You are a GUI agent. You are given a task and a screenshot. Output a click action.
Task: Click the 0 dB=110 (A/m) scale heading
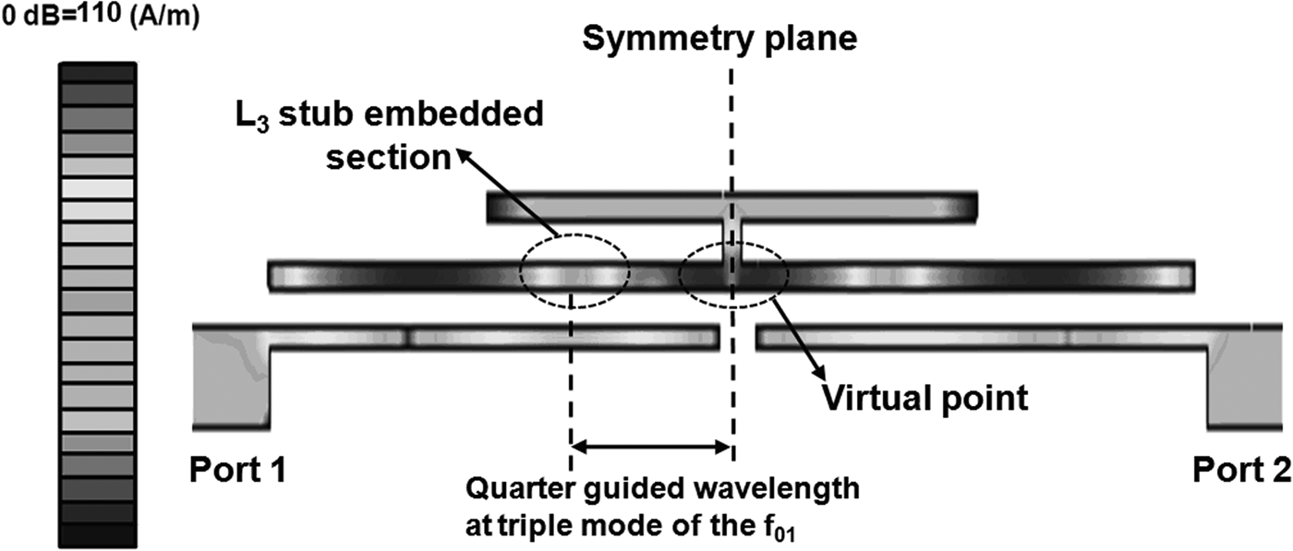click(98, 16)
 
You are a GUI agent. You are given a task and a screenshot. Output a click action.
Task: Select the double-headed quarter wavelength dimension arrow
click(652, 448)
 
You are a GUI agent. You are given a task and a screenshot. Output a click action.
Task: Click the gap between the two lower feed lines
click(737, 337)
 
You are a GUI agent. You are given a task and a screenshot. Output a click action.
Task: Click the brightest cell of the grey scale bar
click(98, 187)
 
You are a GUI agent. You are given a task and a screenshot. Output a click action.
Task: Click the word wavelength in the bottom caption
click(790, 487)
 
